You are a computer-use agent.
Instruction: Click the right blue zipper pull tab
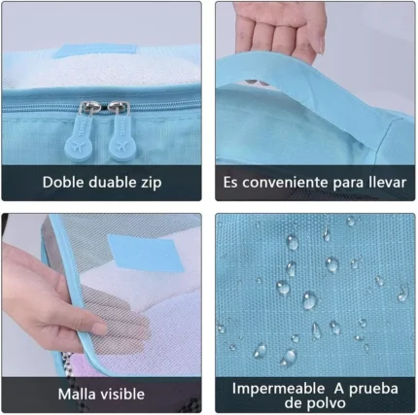click(x=122, y=138)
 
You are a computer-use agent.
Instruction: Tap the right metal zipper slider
click(x=119, y=108)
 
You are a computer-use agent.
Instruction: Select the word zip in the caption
click(x=151, y=183)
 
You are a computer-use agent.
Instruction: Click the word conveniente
click(x=285, y=183)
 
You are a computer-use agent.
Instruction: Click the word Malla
click(x=77, y=394)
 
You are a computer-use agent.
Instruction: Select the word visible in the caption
click(x=122, y=394)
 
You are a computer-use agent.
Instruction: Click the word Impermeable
click(x=279, y=389)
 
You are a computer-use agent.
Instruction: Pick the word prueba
click(x=373, y=389)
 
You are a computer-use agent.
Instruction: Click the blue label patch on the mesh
click(x=146, y=254)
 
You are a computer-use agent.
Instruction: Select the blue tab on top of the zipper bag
click(x=95, y=51)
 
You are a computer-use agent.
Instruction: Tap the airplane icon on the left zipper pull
click(x=78, y=147)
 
